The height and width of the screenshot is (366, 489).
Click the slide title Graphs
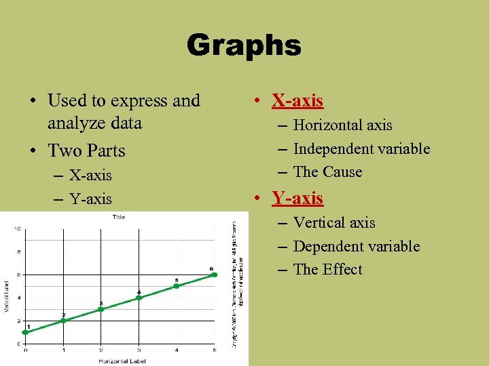(244, 46)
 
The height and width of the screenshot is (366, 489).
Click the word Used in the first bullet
(66, 101)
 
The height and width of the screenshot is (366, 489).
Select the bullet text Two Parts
(86, 149)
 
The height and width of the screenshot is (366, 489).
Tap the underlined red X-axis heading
(297, 101)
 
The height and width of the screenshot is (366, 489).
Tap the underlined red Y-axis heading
(297, 198)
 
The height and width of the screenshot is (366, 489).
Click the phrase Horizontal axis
(342, 125)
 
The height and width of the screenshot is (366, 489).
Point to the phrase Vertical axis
(334, 223)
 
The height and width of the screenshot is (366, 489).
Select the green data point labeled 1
(26, 332)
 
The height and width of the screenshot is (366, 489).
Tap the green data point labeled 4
(139, 298)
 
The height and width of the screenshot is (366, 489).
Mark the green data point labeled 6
(214, 274)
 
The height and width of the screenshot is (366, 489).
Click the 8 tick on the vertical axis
(18, 251)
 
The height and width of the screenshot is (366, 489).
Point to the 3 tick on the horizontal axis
(139, 350)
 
